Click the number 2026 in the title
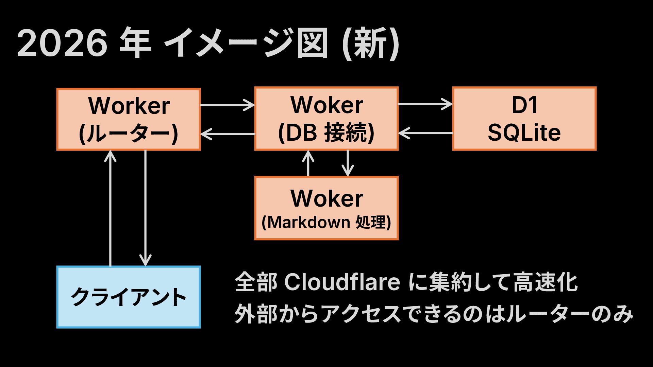pos(62,45)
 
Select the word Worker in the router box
pos(129,106)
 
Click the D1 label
pos(524,105)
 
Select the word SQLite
pos(524,133)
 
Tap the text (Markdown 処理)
pos(326,223)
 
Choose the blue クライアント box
pos(129,297)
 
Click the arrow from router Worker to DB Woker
pos(228,105)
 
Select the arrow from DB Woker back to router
pos(228,134)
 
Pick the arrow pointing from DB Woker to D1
pos(425,104)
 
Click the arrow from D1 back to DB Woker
pos(425,133)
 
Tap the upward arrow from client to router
pos(111,208)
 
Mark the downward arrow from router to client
pos(146,208)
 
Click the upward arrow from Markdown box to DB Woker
pos(308,163)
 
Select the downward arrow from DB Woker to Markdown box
pos(347,163)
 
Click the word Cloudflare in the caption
pos(342,282)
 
